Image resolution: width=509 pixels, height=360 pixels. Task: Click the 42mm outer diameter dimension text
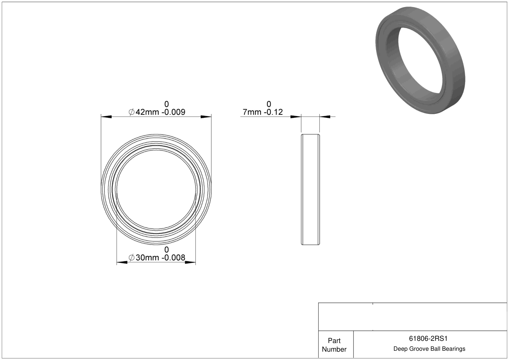click(147, 112)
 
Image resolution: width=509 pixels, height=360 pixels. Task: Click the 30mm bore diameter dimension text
click(147, 258)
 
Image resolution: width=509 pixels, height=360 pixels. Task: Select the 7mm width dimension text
click(252, 112)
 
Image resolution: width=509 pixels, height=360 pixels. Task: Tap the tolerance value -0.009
click(173, 112)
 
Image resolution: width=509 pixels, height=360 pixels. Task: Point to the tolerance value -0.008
click(173, 258)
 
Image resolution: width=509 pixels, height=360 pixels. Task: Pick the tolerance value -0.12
click(273, 112)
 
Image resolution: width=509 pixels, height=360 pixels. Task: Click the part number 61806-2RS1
click(428, 339)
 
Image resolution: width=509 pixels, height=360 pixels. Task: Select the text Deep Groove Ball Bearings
click(429, 349)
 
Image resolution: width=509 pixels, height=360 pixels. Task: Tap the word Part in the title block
click(334, 341)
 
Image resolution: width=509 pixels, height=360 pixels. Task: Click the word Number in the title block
click(334, 349)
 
